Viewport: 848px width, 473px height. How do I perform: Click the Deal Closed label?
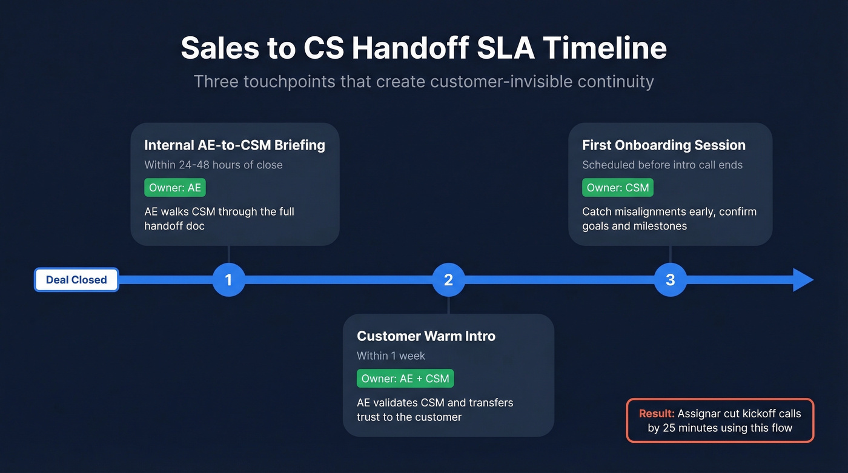76,280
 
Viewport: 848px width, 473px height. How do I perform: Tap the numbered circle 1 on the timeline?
228,280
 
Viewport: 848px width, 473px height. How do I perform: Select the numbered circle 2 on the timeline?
448,280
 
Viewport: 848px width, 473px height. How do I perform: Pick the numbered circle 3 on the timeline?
670,280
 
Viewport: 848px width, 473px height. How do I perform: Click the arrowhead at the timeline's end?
803,280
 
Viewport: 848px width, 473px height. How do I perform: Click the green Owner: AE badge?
175,188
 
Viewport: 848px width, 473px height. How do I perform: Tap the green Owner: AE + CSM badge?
405,379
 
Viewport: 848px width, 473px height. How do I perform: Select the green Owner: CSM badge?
618,188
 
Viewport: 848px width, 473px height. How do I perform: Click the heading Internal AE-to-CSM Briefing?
234,145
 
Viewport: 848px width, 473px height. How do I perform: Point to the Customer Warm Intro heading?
426,336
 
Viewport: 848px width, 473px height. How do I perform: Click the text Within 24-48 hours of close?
213,165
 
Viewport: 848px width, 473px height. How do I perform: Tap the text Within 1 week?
391,356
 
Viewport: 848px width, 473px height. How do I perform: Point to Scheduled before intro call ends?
662,165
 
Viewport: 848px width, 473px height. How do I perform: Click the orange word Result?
657,414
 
